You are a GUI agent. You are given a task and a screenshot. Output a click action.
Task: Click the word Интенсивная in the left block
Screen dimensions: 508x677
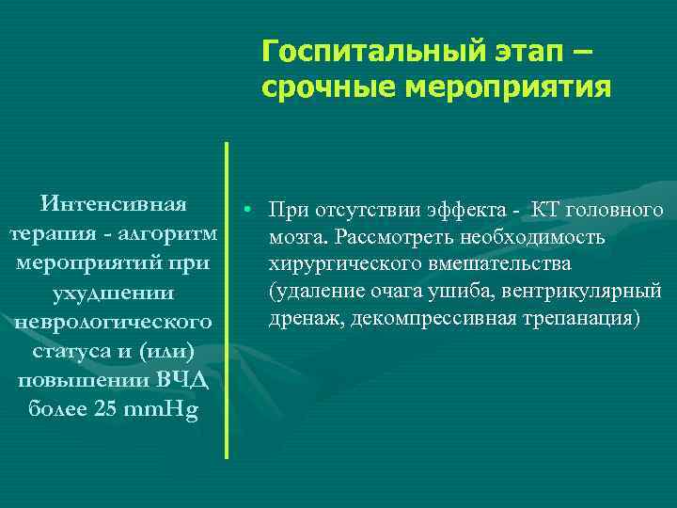114,204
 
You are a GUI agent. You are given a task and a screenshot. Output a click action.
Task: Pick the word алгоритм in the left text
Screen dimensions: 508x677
167,232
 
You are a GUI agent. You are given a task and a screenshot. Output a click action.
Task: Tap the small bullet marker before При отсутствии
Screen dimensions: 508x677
243,209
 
